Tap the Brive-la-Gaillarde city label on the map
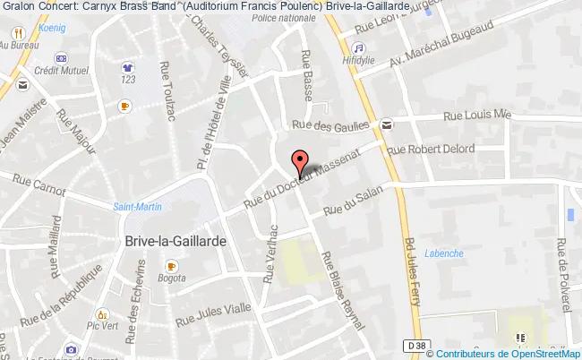[x=169, y=243]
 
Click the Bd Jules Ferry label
[x=413, y=270]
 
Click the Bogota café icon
[x=170, y=266]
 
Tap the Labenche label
[x=444, y=253]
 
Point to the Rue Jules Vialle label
[x=214, y=313]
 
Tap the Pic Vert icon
[x=103, y=315]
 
